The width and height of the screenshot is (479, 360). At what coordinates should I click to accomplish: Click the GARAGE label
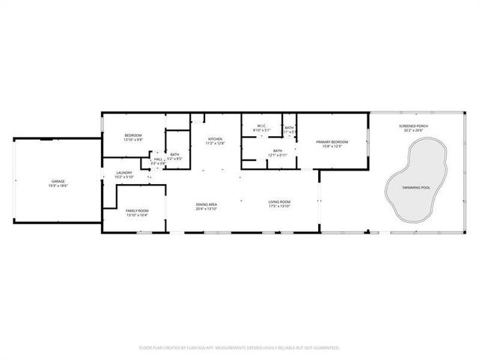click(x=58, y=181)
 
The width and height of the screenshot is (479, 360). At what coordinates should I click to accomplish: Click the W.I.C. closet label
click(x=261, y=125)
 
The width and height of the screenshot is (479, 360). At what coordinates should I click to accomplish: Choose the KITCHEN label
click(x=216, y=139)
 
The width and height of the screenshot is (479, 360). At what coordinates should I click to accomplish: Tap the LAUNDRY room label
click(x=123, y=173)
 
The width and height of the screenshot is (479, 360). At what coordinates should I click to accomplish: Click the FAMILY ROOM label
click(x=136, y=210)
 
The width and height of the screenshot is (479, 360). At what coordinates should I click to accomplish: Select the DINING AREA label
click(x=206, y=204)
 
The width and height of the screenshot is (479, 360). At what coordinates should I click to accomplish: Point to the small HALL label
click(x=158, y=159)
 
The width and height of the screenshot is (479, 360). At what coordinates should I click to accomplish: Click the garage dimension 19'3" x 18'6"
click(x=58, y=186)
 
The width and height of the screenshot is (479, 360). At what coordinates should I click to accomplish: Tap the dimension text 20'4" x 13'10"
click(x=206, y=209)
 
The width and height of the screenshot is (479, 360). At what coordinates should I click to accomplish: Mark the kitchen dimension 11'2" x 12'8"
click(x=216, y=144)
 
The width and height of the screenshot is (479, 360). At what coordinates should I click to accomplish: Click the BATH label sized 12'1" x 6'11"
click(x=278, y=151)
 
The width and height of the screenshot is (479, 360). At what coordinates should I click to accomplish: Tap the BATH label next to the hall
click(x=174, y=154)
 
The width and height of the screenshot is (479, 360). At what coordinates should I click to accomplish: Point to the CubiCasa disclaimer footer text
click(x=239, y=347)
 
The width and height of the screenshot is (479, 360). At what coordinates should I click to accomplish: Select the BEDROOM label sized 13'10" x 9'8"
click(x=132, y=135)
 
